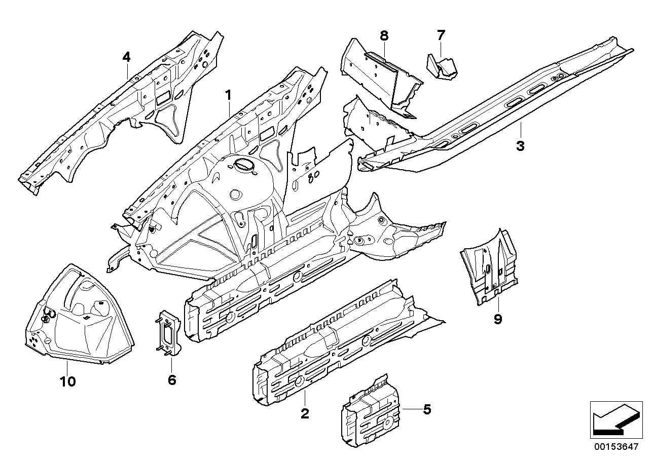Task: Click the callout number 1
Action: [x=228, y=95]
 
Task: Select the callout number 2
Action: [x=304, y=414]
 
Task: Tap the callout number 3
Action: [x=520, y=146]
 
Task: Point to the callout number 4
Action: [x=126, y=57]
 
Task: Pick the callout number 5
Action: [x=427, y=409]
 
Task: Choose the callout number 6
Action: [x=172, y=379]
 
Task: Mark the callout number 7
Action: [x=441, y=35]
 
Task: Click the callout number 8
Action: [x=384, y=35]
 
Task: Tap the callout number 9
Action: [x=497, y=319]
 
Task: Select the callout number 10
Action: [x=67, y=381]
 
